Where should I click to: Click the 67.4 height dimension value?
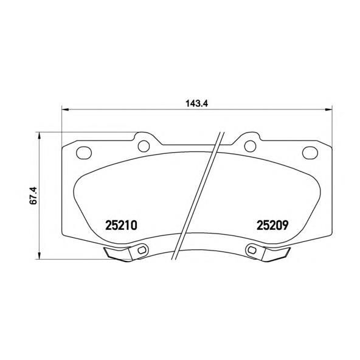35,195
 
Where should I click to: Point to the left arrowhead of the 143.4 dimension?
65,110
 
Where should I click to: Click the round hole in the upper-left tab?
144,145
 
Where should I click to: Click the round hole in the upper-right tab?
250,145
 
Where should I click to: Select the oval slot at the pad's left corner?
84,152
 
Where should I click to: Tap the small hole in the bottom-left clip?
142,249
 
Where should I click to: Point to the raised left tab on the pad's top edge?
144,140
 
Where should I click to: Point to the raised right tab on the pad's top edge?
250,140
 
